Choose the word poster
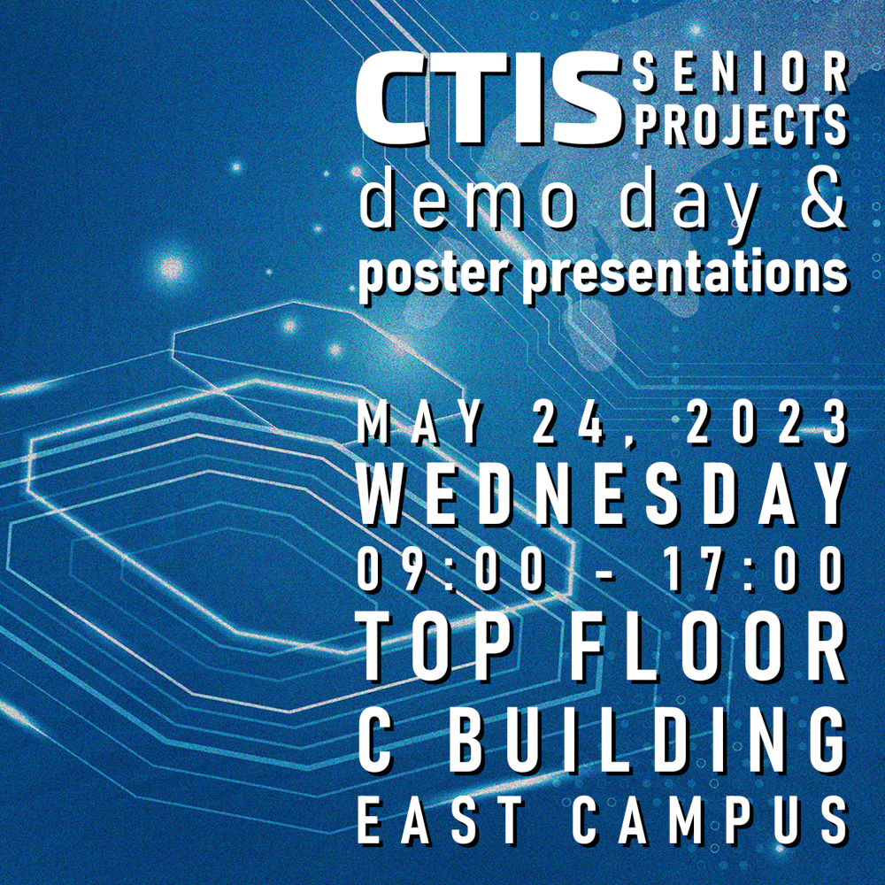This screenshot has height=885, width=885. click(435, 275)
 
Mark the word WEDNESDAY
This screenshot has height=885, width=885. click(603, 495)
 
